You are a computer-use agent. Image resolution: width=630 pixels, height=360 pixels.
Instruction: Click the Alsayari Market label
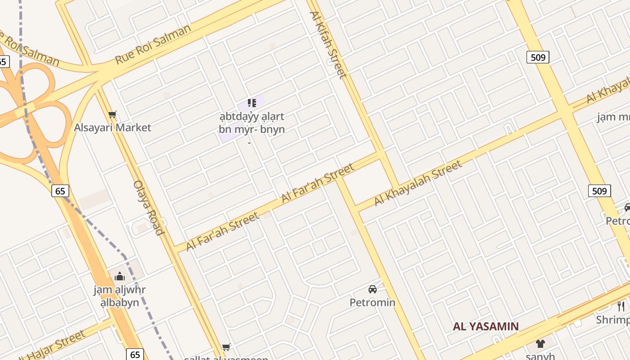112,128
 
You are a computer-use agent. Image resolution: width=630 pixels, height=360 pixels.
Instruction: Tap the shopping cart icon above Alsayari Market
112,115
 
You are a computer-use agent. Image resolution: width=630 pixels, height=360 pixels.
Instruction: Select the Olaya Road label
148,208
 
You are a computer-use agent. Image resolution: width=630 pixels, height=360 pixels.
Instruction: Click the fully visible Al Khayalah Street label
418,183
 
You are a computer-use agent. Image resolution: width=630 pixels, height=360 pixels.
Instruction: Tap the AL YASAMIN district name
486,327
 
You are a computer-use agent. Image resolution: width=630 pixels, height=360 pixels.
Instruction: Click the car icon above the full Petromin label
373,289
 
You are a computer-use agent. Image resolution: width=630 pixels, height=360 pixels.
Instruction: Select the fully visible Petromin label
373,302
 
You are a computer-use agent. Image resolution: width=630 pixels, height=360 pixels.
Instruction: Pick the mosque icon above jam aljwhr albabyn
120,276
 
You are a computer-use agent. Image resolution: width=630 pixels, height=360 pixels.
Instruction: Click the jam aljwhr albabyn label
120,296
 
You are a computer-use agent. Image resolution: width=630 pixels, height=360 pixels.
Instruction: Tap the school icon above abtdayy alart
252,103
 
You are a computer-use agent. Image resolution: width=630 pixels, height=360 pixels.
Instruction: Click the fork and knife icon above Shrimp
621,306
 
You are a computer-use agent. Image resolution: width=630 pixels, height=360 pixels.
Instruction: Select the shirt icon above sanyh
540,344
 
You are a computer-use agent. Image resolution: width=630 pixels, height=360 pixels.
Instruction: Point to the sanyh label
540,356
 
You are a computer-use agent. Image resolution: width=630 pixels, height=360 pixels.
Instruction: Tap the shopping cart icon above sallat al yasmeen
226,347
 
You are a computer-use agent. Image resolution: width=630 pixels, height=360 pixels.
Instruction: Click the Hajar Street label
52,346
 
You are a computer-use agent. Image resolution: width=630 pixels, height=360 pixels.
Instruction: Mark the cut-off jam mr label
613,117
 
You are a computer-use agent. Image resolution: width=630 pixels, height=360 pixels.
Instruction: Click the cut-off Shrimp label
613,320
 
